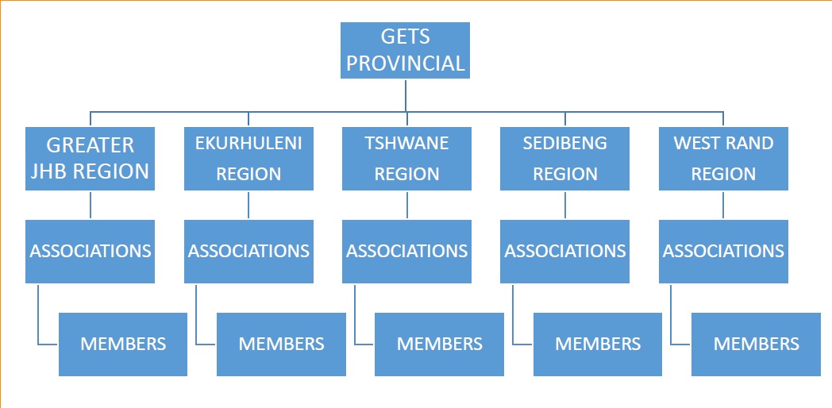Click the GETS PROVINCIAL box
tap(405, 50)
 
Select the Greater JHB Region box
tap(91, 159)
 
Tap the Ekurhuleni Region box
tap(248, 159)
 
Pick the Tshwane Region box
tap(407, 159)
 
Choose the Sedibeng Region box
tap(565, 159)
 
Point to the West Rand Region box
tap(724, 159)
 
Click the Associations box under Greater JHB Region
tap(91, 252)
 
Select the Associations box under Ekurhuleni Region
tap(248, 252)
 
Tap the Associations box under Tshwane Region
tap(407, 252)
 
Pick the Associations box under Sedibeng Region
tap(565, 252)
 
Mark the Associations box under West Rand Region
tap(724, 252)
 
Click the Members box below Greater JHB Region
tap(123, 344)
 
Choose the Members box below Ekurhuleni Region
tap(282, 344)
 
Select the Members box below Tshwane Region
tap(439, 344)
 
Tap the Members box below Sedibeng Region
tap(598, 344)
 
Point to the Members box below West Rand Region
tap(756, 344)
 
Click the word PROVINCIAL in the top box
tap(406, 64)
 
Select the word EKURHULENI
tap(248, 143)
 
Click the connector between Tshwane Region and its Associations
tap(407, 205)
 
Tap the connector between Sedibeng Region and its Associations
tap(565, 205)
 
